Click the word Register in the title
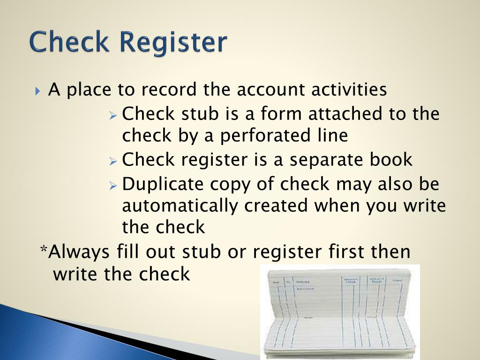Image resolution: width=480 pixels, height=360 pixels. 173,43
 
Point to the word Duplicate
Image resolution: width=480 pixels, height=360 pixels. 164,184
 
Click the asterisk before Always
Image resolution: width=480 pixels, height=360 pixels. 44,250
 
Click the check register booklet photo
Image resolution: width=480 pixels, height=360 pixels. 340,311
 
